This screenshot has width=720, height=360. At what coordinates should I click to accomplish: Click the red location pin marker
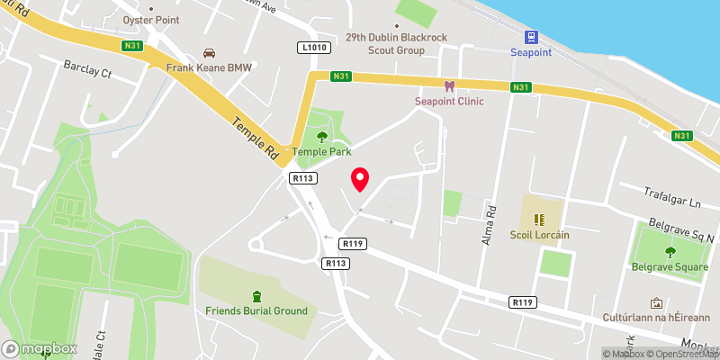click(x=361, y=179)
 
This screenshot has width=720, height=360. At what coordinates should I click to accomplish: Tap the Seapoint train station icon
click(x=532, y=37)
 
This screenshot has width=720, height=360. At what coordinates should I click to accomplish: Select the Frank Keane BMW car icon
click(x=210, y=52)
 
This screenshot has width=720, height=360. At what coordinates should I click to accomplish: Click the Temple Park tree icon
click(x=322, y=137)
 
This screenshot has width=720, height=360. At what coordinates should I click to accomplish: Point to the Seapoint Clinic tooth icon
click(x=449, y=86)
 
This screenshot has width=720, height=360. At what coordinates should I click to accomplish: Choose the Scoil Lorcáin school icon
click(x=540, y=219)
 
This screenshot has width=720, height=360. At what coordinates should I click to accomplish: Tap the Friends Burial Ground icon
click(x=257, y=296)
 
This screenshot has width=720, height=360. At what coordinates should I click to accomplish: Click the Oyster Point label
click(x=152, y=19)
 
